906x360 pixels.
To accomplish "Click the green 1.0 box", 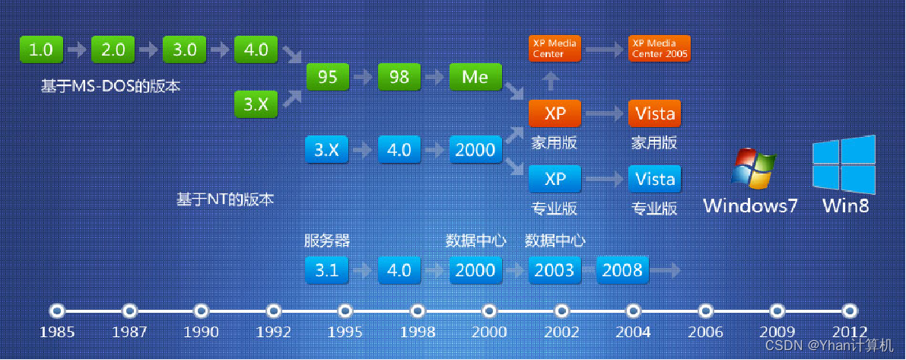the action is click(41, 49).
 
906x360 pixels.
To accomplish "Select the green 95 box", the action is click(328, 77).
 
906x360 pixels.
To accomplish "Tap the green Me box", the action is click(475, 77).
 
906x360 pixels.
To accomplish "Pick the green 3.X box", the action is click(256, 104).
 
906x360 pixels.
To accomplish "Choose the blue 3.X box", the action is click(328, 150).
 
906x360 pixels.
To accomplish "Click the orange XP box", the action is click(555, 114).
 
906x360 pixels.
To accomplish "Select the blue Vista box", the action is click(655, 179).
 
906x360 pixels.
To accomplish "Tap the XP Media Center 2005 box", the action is click(660, 49).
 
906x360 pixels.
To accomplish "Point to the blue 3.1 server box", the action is click(328, 270).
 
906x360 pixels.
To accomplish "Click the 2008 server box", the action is click(622, 270).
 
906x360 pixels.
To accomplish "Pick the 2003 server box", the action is click(555, 270).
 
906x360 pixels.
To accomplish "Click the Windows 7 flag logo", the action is click(753, 169).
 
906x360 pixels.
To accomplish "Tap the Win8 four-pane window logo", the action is click(844, 164).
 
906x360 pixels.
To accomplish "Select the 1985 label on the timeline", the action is click(57, 333).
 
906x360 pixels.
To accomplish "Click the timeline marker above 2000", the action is click(489, 311).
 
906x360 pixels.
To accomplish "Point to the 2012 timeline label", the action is click(850, 333).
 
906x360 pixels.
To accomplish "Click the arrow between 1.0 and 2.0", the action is click(77, 49).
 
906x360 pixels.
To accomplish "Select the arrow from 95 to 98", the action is click(364, 78).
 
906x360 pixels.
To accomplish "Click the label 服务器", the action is click(328, 241).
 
